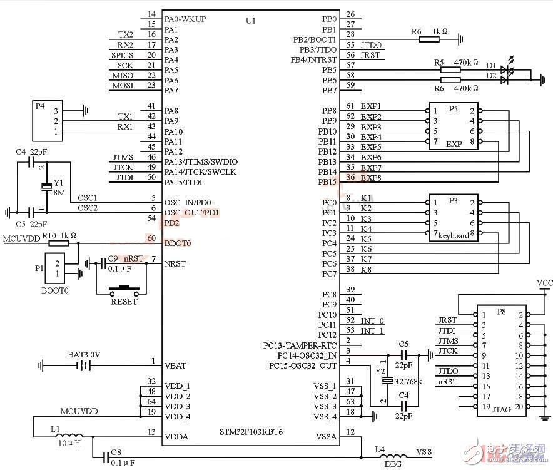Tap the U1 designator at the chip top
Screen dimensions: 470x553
click(x=251, y=21)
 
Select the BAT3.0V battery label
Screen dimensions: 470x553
click(x=84, y=354)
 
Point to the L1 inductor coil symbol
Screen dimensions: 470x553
click(x=73, y=437)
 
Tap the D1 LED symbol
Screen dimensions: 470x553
click(x=507, y=66)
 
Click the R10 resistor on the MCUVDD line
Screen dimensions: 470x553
click(x=59, y=243)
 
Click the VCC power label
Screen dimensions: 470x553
click(x=544, y=283)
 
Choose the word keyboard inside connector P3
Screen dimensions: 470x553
click(x=453, y=236)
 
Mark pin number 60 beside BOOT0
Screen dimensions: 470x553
click(x=151, y=238)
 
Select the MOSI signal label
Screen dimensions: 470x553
click(x=123, y=85)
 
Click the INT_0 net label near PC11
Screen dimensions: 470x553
click(x=372, y=320)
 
